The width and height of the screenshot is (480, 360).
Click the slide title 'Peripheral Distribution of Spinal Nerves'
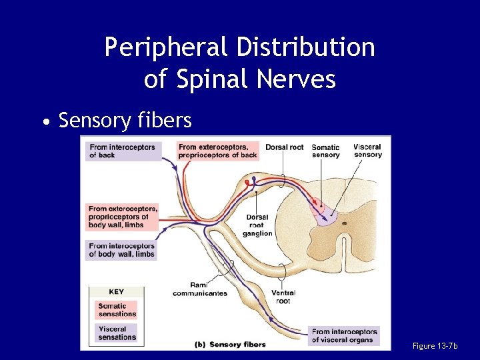240,63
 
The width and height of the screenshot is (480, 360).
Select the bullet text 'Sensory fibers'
125,121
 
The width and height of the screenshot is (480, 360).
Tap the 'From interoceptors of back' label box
123,151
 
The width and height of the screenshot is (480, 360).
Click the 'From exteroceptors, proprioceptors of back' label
218,151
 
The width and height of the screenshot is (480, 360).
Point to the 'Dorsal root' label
284,147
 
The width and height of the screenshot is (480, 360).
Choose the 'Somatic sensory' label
325,151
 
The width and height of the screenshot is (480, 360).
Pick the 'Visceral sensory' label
367,151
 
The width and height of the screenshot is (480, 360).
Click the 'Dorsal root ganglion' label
257,225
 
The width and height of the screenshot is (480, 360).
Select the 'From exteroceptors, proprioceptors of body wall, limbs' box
123,217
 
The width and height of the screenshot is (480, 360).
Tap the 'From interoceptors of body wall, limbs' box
123,250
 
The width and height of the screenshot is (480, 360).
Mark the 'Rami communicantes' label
200,289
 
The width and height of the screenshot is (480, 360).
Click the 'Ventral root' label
283,297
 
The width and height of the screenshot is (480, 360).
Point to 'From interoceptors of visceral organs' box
344,336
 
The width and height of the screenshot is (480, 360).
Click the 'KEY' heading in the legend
116,292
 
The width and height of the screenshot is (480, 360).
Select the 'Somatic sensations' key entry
117,310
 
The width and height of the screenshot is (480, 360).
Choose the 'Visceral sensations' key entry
117,333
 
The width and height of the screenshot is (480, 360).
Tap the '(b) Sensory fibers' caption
229,345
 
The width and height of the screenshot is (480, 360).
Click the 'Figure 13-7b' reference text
435,346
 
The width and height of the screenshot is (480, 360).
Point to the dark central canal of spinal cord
344,223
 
